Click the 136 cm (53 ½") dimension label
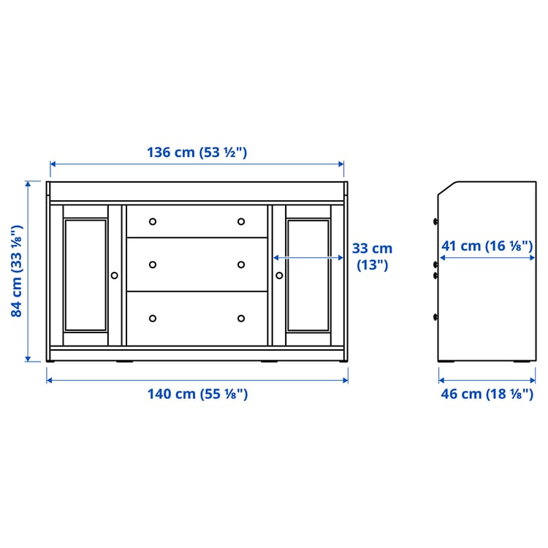click(197, 152)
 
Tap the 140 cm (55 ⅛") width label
click(197, 394)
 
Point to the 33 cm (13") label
click(372, 256)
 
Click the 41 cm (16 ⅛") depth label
click(487, 246)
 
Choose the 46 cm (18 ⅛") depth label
click(486, 394)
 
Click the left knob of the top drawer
click(153, 221)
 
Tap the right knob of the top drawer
click(241, 221)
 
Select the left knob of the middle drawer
click(153, 265)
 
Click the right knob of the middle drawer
click(241, 265)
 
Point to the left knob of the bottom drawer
click(153, 318)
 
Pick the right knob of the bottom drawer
click(241, 318)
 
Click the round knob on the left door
click(114, 275)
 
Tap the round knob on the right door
click(279, 275)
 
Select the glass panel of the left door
click(85, 274)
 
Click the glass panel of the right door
click(308, 274)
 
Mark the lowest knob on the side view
click(435, 317)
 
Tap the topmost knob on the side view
click(435, 221)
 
